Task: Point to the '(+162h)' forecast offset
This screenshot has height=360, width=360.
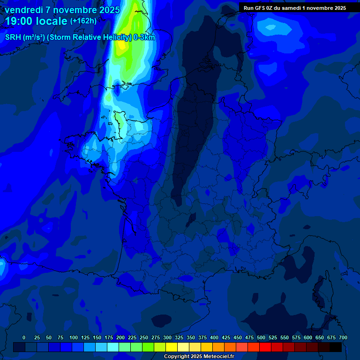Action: click(x=83, y=21)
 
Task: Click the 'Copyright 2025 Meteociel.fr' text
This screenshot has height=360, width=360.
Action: click(x=199, y=356)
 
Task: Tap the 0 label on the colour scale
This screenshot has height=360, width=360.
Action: click(x=24, y=337)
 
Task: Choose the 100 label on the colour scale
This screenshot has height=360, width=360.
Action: click(x=74, y=337)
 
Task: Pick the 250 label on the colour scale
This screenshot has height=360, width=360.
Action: click(x=144, y=337)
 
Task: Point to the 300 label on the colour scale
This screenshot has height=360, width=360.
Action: click(x=167, y=337)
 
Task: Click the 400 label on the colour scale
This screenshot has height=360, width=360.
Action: click(x=214, y=337)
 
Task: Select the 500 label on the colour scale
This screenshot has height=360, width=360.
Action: click(x=261, y=337)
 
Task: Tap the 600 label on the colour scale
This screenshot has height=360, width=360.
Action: click(x=308, y=337)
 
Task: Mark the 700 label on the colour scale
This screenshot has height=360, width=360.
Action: click(x=343, y=337)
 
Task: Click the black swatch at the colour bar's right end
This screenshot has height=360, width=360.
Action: click(x=336, y=347)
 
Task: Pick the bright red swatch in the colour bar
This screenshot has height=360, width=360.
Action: click(x=265, y=347)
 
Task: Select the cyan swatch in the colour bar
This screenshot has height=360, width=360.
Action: click(x=113, y=347)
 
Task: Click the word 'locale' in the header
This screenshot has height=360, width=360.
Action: click(x=50, y=21)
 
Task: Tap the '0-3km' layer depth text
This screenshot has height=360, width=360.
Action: click(x=144, y=37)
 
